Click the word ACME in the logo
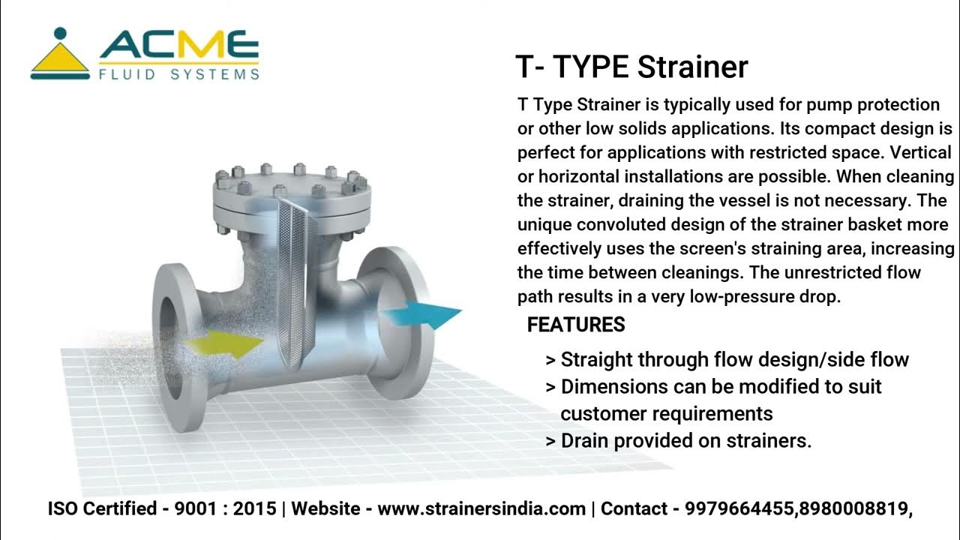tap(179, 47)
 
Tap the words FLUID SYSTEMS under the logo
tap(179, 75)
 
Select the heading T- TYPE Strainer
tap(631, 67)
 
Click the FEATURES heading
tap(576, 325)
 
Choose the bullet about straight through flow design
tap(727, 359)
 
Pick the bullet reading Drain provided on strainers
tap(679, 440)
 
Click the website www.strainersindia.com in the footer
tap(481, 508)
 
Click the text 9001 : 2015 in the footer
tap(225, 508)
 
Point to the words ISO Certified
tap(101, 508)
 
